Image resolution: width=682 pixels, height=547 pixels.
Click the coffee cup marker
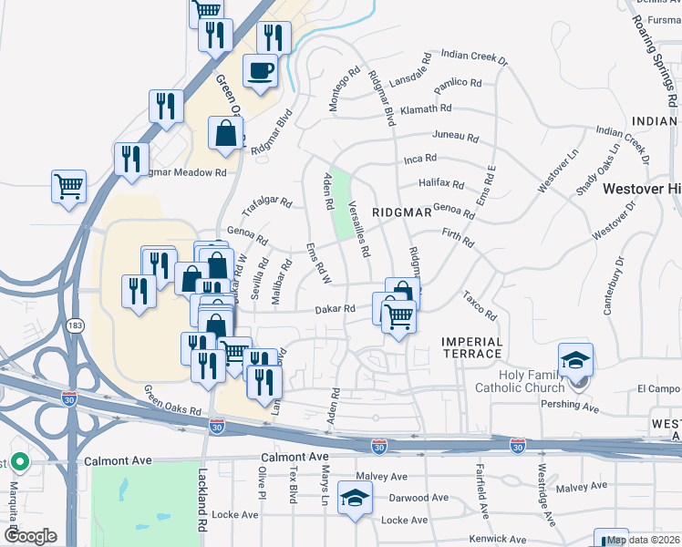pos(261,70)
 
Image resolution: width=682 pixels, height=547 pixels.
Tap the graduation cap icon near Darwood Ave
pos(354,498)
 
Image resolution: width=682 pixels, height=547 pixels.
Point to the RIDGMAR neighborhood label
pos(401,212)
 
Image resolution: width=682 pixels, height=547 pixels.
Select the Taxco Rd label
pos(479,306)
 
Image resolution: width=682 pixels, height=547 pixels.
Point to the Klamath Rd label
pos(430,108)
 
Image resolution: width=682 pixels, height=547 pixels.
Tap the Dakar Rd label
pos(335,309)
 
